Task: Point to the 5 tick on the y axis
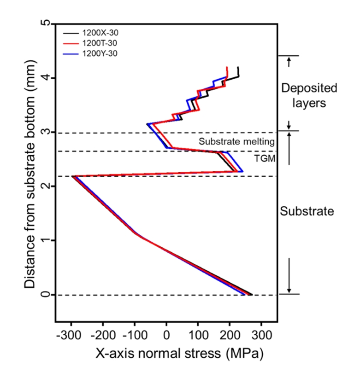coord(45,23)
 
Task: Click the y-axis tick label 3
coord(45,132)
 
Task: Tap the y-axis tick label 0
coord(45,294)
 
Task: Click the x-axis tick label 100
coord(198,333)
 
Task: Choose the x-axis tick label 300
coord(262,333)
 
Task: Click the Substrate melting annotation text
coord(237,141)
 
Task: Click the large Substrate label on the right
coord(307,212)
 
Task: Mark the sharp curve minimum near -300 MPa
coord(73,176)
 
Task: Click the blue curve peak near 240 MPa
coord(242,172)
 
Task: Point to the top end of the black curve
coord(238,67)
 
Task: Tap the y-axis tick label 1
coord(45,240)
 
